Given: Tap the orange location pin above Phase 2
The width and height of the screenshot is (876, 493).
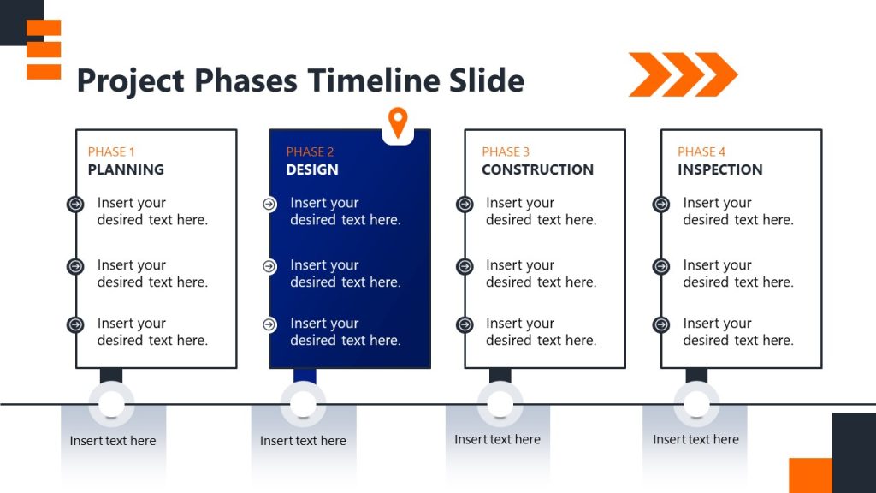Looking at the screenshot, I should click(x=397, y=122).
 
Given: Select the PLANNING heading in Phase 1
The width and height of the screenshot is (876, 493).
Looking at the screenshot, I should click(x=126, y=169).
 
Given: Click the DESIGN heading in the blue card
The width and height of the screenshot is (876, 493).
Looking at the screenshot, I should click(x=312, y=169).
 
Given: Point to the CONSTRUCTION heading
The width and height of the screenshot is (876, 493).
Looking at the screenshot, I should click(x=537, y=169).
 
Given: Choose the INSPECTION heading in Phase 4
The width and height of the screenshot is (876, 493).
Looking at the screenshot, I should click(x=720, y=169).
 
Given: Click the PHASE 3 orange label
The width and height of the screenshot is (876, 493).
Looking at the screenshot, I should click(x=506, y=151).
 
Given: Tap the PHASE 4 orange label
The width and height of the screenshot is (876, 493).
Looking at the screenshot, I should click(x=701, y=151).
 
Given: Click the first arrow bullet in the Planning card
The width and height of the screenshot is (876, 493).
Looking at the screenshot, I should click(x=75, y=205).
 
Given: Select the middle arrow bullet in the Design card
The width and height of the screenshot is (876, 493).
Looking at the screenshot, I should click(x=269, y=266).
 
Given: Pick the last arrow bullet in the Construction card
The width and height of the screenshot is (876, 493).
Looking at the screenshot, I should click(x=465, y=325).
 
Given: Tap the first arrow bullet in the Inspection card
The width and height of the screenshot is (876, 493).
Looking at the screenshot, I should click(x=660, y=205).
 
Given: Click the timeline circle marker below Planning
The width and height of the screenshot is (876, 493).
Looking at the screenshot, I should click(x=111, y=404).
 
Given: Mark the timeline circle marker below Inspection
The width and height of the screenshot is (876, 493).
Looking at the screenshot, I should click(x=696, y=404).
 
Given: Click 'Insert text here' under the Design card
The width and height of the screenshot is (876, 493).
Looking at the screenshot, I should click(x=303, y=441).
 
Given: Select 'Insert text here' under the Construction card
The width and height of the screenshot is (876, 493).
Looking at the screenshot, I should click(x=497, y=439).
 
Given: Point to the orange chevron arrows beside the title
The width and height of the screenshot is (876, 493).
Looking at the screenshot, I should click(x=683, y=74).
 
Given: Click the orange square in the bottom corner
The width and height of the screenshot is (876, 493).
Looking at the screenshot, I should click(x=809, y=475).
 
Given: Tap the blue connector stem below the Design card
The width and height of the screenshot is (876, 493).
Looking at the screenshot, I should click(x=305, y=375).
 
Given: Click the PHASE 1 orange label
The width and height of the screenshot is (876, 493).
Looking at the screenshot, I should click(x=111, y=151).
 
